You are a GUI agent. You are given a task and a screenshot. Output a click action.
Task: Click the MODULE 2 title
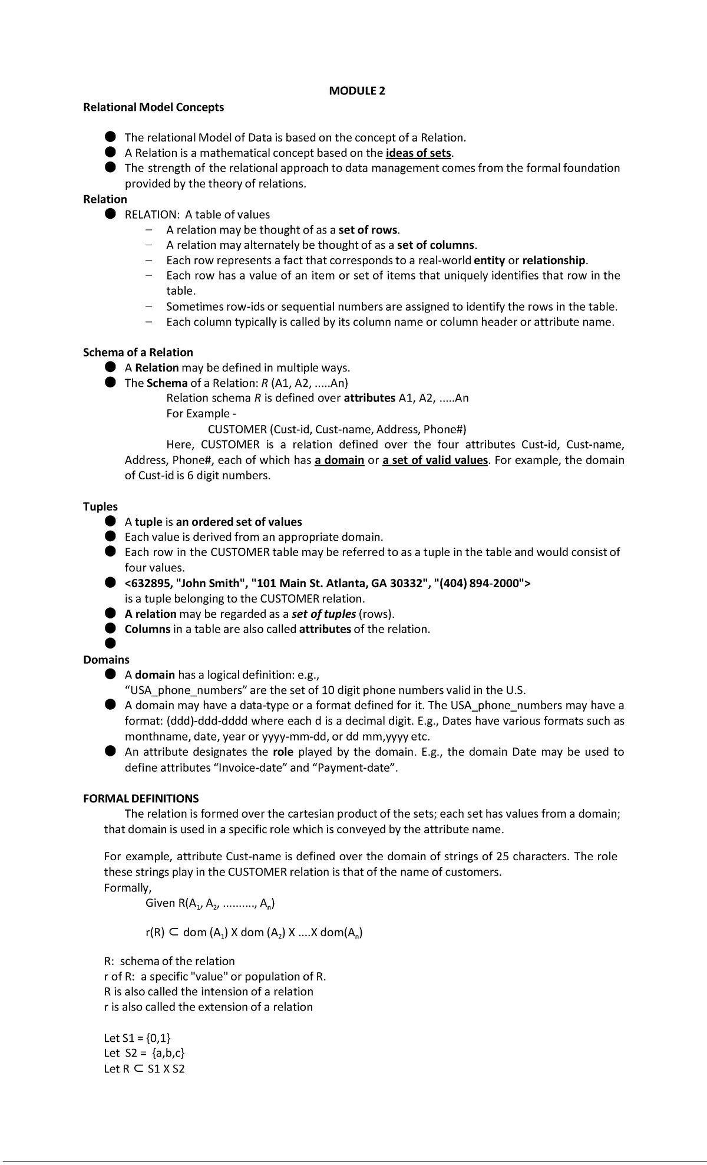click(x=357, y=91)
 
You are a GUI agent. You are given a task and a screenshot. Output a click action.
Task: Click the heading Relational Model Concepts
click(x=153, y=107)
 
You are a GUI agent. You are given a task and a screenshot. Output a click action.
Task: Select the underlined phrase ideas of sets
click(x=418, y=153)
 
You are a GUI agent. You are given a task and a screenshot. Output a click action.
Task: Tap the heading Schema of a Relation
click(x=138, y=353)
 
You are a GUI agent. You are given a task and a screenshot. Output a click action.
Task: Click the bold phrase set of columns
click(x=435, y=245)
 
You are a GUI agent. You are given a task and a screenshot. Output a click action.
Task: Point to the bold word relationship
click(x=554, y=260)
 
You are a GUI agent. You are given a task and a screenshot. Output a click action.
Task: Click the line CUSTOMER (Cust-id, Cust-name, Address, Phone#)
click(x=337, y=429)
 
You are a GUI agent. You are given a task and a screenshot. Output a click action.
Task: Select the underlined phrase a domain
click(x=339, y=460)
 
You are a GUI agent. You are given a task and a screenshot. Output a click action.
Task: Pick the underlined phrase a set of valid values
click(x=435, y=460)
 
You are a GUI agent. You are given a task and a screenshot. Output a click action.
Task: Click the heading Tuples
click(x=100, y=506)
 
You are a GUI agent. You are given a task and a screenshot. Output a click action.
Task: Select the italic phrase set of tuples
click(x=323, y=614)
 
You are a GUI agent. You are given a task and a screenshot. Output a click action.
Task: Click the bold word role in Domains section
click(x=283, y=752)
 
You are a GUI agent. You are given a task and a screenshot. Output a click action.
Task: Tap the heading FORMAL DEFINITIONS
click(x=141, y=798)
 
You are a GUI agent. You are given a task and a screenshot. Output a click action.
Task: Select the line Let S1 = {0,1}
click(x=137, y=1038)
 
